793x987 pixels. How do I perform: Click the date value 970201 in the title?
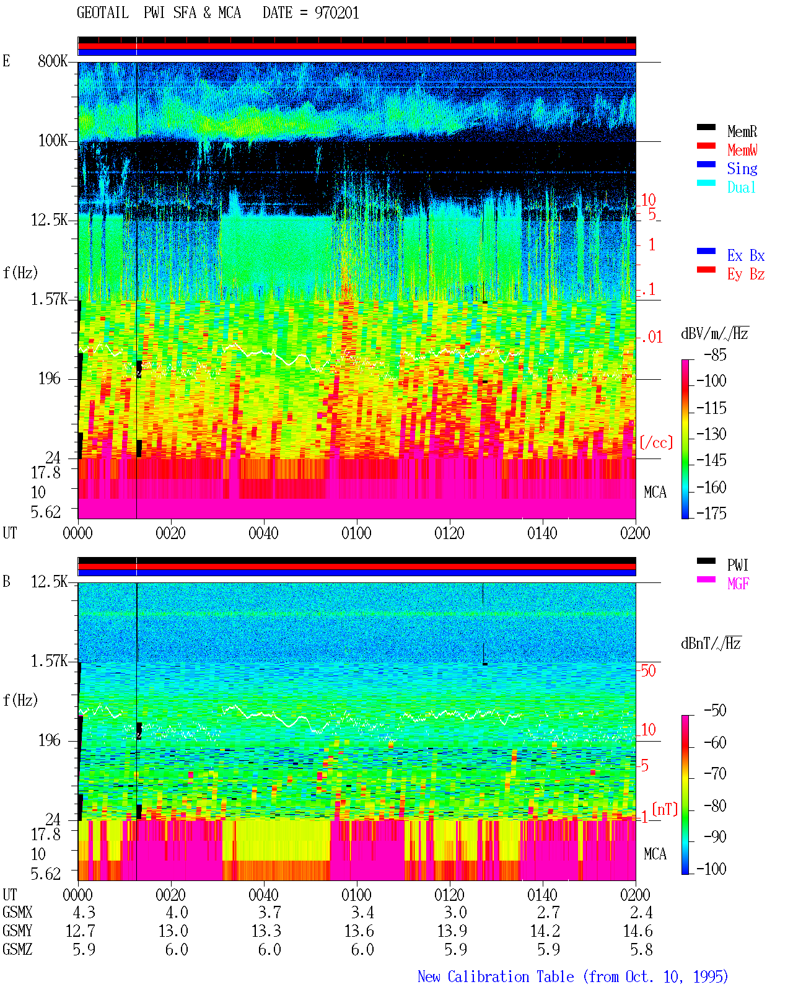click(336, 13)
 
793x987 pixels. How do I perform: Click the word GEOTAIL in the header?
click(103, 13)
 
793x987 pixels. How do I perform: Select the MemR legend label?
click(742, 131)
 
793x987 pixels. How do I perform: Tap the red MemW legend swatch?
click(706, 146)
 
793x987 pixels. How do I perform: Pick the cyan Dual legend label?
click(741, 187)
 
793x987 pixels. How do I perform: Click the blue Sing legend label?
click(742, 169)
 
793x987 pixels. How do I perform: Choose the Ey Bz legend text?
click(745, 274)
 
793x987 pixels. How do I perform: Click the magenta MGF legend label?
click(738, 584)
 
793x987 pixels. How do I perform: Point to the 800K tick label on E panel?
click(53, 61)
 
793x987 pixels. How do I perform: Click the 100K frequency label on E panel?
click(53, 141)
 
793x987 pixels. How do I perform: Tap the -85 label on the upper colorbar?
click(715, 354)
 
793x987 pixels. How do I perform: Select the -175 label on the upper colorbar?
click(711, 513)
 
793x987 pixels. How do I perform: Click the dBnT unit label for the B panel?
click(711, 643)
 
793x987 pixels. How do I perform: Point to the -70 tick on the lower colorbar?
click(715, 774)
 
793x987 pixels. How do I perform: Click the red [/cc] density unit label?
click(656, 442)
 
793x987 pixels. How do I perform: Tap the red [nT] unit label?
click(665, 809)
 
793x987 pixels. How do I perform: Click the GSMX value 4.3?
click(84, 912)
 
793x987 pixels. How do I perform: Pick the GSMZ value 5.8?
click(641, 949)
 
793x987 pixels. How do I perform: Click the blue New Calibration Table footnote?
click(572, 976)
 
